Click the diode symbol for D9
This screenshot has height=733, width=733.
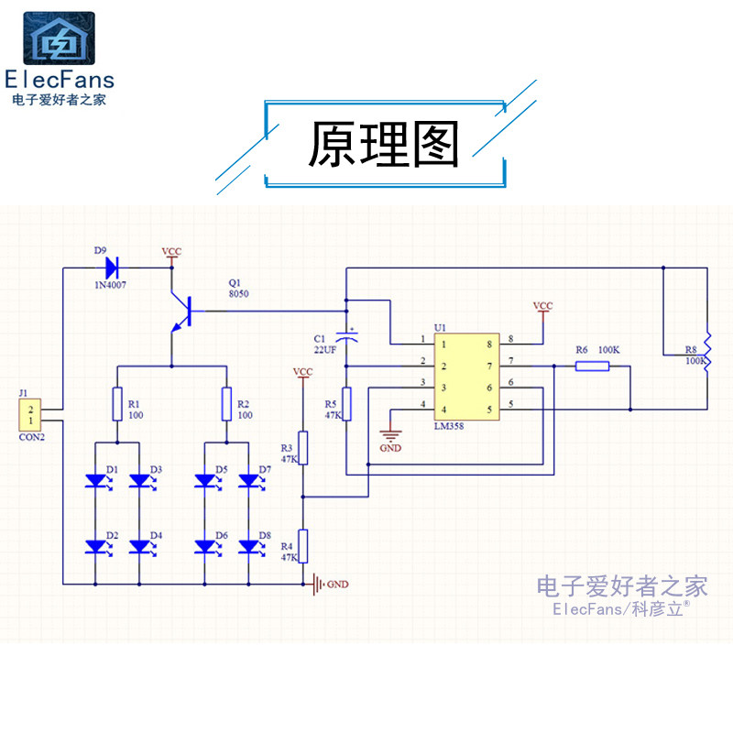point(114,268)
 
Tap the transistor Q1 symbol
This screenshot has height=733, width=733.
point(181,312)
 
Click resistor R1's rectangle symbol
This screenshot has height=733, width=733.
point(116,403)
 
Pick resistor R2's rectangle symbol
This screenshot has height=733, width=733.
point(225,403)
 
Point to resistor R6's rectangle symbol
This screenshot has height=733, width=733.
point(592,366)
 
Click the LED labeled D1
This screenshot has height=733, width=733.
point(95,479)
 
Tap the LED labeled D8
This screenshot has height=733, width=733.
point(247,546)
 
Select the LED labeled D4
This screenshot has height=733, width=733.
point(139,546)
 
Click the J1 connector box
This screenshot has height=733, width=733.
point(31,415)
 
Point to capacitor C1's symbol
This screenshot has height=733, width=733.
point(346,334)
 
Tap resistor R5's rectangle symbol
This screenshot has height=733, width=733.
point(346,403)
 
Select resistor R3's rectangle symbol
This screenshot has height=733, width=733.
point(303,448)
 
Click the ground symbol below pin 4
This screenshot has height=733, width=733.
point(390,436)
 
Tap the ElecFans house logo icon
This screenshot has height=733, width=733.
point(59,38)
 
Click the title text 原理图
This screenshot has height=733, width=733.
point(383,146)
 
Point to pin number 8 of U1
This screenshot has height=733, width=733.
point(510,340)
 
